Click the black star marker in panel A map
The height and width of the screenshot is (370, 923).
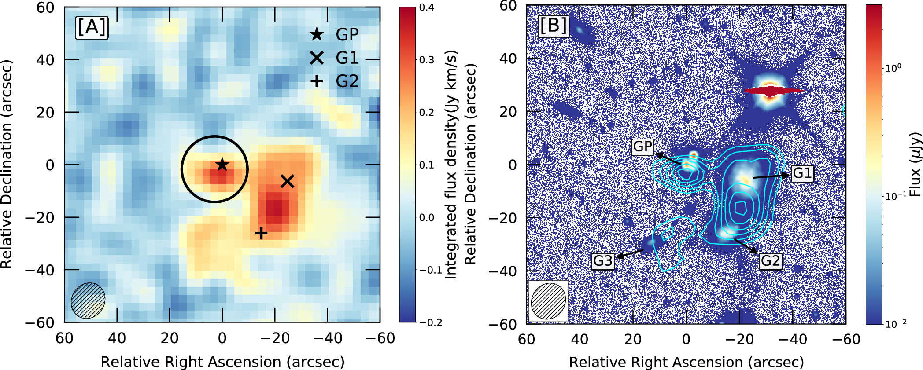tap(222, 165)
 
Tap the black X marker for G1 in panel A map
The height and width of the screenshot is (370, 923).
tap(287, 181)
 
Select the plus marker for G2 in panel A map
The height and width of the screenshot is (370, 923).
tap(261, 233)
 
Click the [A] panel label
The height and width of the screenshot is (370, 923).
tap(92, 28)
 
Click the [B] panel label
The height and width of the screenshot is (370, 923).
tap(554, 26)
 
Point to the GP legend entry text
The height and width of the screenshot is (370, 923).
tap(347, 34)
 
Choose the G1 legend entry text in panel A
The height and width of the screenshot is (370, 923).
tap(347, 58)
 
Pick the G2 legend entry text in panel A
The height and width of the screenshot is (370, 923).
tap(347, 81)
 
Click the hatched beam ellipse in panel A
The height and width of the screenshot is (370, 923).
tap(88, 300)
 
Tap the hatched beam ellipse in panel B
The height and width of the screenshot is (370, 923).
tap(548, 301)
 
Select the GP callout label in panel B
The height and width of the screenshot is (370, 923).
tap(643, 147)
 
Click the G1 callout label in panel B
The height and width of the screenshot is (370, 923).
tap(802, 173)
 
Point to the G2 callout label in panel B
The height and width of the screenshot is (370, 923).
tap(770, 261)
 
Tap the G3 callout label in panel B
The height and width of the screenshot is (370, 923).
tap(603, 261)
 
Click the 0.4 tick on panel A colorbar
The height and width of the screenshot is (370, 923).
tap(427, 7)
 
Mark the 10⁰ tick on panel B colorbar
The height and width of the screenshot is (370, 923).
tap(893, 68)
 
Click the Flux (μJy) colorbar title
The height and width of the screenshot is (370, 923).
tap(916, 165)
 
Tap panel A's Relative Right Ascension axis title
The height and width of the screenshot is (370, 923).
tap(222, 362)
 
